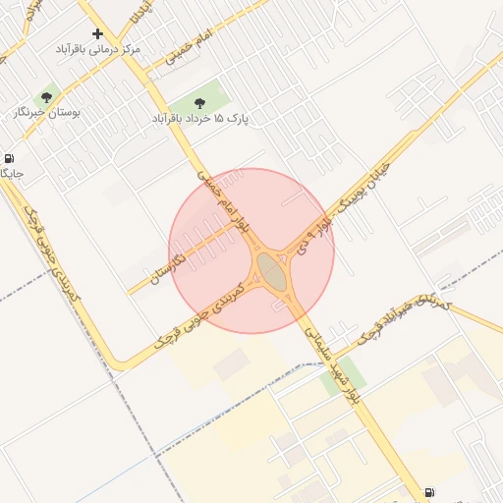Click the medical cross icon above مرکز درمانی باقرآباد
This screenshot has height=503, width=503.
coord(97,33)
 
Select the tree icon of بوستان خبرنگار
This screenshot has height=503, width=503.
coord(46,97)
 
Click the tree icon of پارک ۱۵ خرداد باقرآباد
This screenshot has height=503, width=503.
coord(199,102)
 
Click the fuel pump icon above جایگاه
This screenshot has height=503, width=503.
coord(9,158)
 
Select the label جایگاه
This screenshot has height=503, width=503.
coord(10,174)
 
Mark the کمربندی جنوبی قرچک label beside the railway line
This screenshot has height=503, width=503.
coord(53,257)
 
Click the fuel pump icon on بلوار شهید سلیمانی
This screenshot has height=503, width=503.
coord(429,492)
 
